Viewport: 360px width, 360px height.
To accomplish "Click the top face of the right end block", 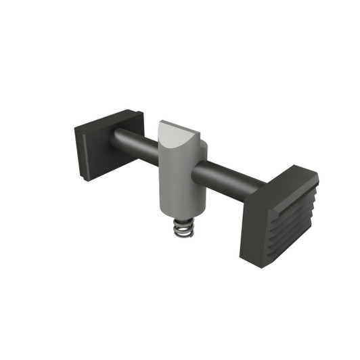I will pos(284,181).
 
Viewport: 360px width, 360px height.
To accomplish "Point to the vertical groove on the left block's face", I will pos(83,156).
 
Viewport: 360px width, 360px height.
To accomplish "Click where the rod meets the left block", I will pos(114,139).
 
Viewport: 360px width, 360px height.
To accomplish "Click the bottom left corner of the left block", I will pos(81,178).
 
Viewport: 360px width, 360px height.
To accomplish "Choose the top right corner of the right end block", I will pos(317,177).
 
